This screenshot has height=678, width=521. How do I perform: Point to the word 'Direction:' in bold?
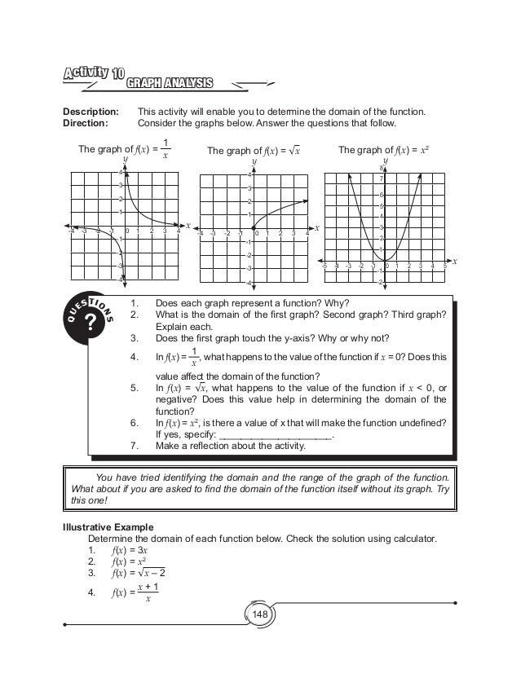pyautogui.click(x=87, y=124)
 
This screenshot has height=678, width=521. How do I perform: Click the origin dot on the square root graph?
pyautogui.click(x=254, y=228)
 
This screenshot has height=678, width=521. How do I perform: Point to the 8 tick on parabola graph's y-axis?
pyautogui.click(x=380, y=168)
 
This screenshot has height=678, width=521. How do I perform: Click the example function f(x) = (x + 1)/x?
pyautogui.click(x=135, y=592)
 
